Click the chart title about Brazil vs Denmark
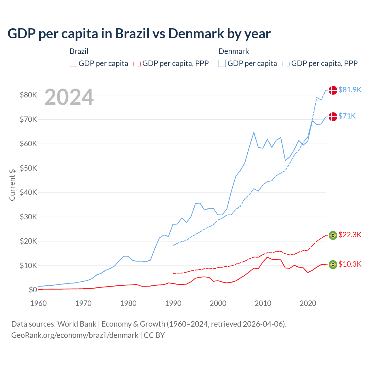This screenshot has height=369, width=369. pyautogui.click(x=139, y=34)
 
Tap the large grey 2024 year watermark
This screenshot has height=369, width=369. pyautogui.click(x=69, y=97)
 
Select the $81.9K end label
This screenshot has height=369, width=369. pyautogui.click(x=350, y=90)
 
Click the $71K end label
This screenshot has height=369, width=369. pyautogui.click(x=347, y=116)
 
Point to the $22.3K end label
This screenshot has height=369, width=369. pyautogui.click(x=350, y=235)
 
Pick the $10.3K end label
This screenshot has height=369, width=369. pyautogui.click(x=350, y=264)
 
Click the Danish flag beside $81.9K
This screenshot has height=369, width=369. pyautogui.click(x=333, y=90)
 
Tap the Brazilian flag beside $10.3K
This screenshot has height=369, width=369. pyautogui.click(x=333, y=264)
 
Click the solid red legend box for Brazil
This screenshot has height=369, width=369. pyautogui.click(x=74, y=63)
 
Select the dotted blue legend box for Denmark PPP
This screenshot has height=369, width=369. pyautogui.click(x=286, y=63)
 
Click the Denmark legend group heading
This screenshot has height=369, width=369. pyautogui.click(x=234, y=51)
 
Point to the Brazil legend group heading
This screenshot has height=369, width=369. pyautogui.click(x=79, y=51)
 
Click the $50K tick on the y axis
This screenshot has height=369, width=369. pyautogui.click(x=28, y=168)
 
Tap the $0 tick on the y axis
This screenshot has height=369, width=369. pyautogui.click(x=33, y=290)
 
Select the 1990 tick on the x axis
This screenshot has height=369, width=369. pyautogui.click(x=173, y=303)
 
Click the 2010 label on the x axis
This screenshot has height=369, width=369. pyautogui.click(x=263, y=303)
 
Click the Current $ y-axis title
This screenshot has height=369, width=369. pyautogui.click(x=12, y=185)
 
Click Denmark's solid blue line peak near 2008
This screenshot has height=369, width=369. pyautogui.click(x=254, y=132)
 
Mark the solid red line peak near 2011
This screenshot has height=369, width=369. pyautogui.click(x=267, y=257)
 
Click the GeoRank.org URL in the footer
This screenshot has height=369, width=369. pyautogui.click(x=75, y=335)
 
